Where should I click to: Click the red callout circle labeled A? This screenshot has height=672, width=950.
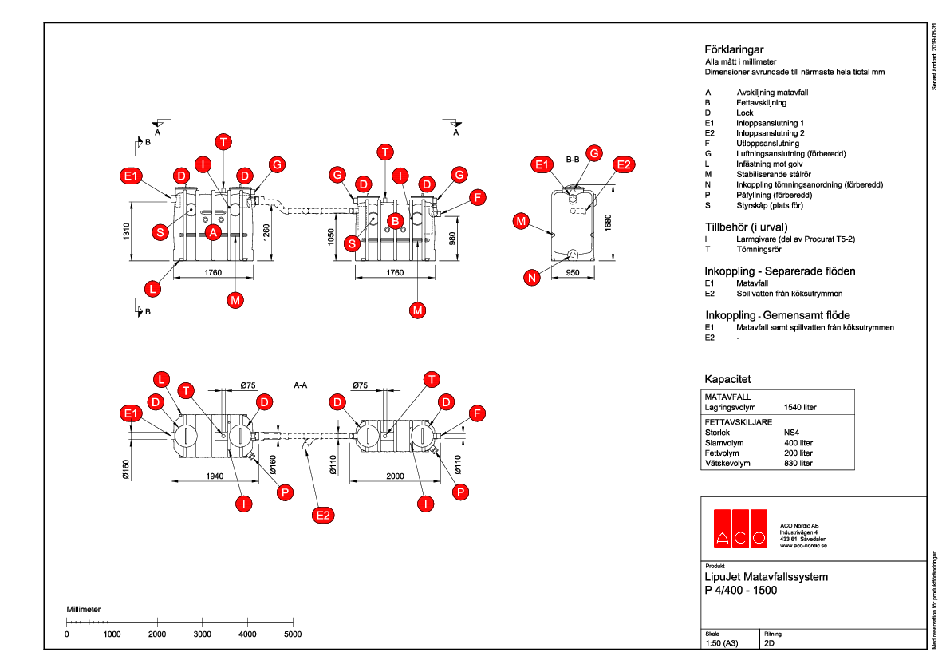click(x=213, y=232)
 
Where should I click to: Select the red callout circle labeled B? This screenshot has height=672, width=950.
click(x=395, y=220)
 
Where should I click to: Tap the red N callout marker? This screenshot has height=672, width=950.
click(x=532, y=278)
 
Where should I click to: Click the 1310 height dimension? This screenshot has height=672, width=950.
click(x=126, y=231)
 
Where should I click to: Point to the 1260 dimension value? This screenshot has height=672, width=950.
click(x=266, y=231)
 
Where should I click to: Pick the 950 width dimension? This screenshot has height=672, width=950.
click(x=572, y=273)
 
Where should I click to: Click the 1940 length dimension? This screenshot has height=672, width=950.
click(x=213, y=476)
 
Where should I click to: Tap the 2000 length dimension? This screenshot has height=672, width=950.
click(x=394, y=476)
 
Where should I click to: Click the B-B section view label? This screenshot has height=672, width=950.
click(x=572, y=160)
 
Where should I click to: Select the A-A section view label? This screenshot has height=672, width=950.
click(x=301, y=385)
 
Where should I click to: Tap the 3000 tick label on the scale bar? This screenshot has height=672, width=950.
click(x=203, y=634)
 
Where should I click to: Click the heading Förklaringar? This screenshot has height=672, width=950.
click(x=734, y=49)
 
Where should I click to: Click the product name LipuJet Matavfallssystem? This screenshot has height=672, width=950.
click(x=767, y=577)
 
